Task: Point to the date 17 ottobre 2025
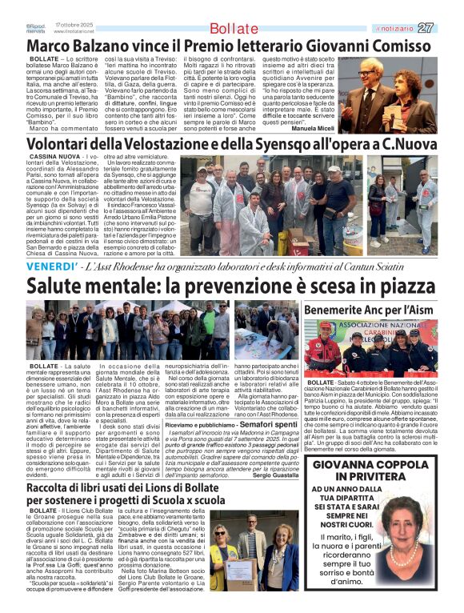coord(74,24)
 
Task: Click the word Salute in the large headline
coord(64,285)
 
